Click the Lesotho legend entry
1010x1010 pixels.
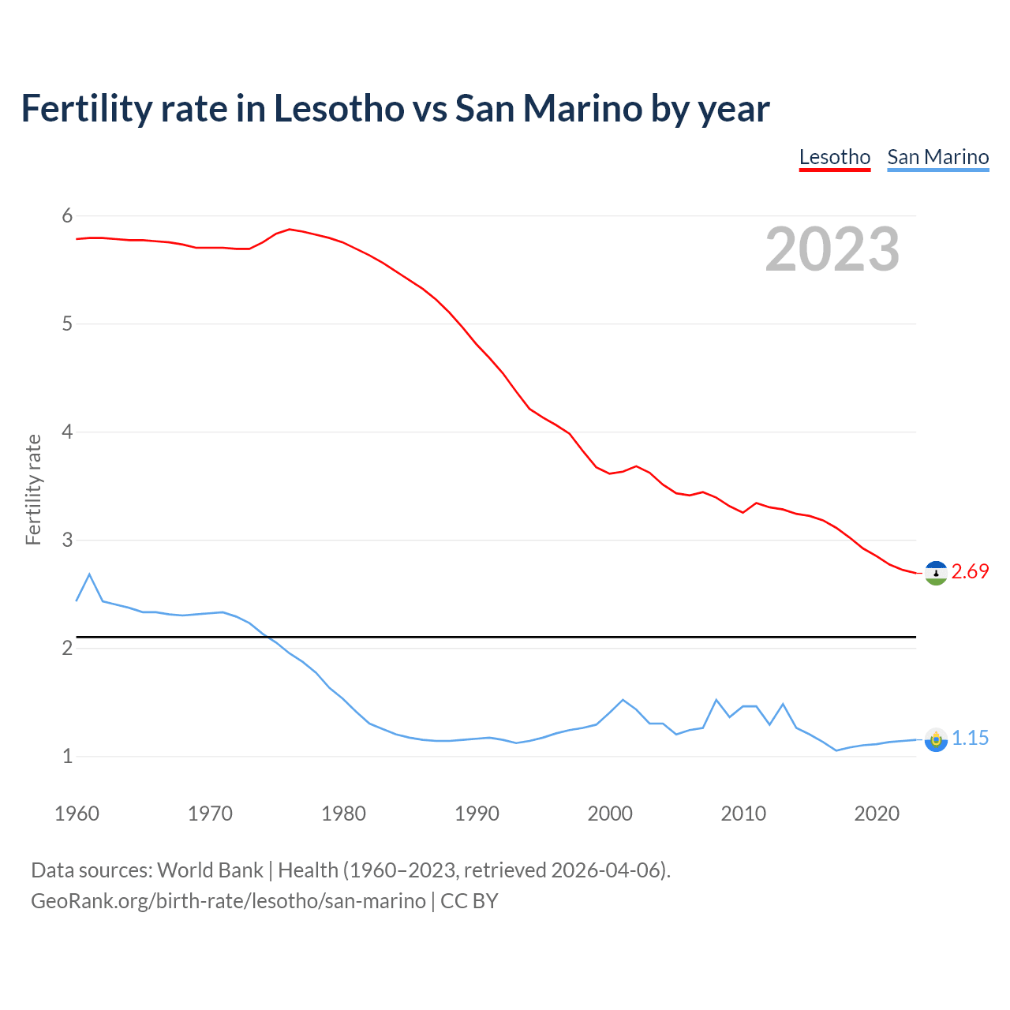click(x=834, y=157)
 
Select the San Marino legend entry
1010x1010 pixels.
click(x=937, y=157)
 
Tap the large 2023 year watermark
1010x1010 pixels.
click(x=832, y=249)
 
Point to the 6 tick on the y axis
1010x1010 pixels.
click(x=67, y=216)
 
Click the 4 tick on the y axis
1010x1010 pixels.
click(x=67, y=432)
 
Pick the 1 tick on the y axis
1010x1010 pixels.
click(x=67, y=757)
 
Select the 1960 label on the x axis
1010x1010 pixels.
click(x=77, y=814)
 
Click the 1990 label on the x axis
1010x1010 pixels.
click(x=477, y=814)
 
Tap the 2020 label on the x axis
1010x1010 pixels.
click(x=877, y=814)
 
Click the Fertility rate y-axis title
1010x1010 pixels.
click(x=33, y=489)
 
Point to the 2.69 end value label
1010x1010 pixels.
click(x=970, y=572)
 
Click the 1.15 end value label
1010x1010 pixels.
click(x=970, y=739)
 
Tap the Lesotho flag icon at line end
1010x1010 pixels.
click(x=936, y=573)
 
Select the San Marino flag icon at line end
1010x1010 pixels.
click(x=936, y=740)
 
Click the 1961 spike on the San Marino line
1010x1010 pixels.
click(x=89, y=574)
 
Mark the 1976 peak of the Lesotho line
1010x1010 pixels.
click(x=290, y=229)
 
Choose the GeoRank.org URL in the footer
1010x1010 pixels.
click(x=228, y=901)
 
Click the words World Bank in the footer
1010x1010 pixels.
click(x=210, y=870)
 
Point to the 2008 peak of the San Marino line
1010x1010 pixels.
click(x=716, y=700)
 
